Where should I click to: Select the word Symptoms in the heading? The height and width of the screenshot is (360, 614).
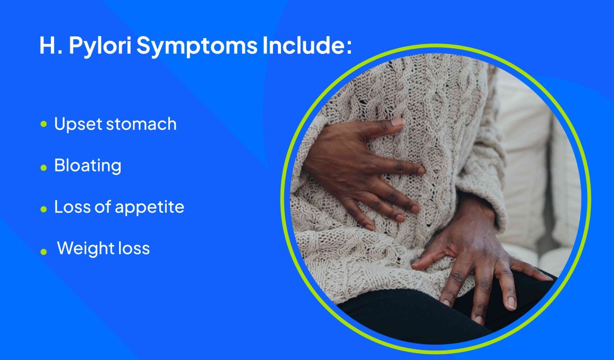[x=196, y=47]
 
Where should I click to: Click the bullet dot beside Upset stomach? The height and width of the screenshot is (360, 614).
[x=43, y=124]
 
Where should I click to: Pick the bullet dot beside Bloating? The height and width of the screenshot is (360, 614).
[x=43, y=168]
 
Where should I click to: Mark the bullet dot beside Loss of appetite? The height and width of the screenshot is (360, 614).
[x=43, y=209]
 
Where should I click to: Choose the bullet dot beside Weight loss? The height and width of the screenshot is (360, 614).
[x=43, y=251]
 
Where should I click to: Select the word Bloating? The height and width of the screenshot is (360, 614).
[x=88, y=166]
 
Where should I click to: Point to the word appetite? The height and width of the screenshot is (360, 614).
[x=149, y=207]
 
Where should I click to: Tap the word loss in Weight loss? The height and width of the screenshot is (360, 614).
[x=135, y=248]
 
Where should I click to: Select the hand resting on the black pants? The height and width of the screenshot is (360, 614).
[x=478, y=255]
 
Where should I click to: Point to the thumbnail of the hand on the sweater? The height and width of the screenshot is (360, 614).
[x=397, y=122]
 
